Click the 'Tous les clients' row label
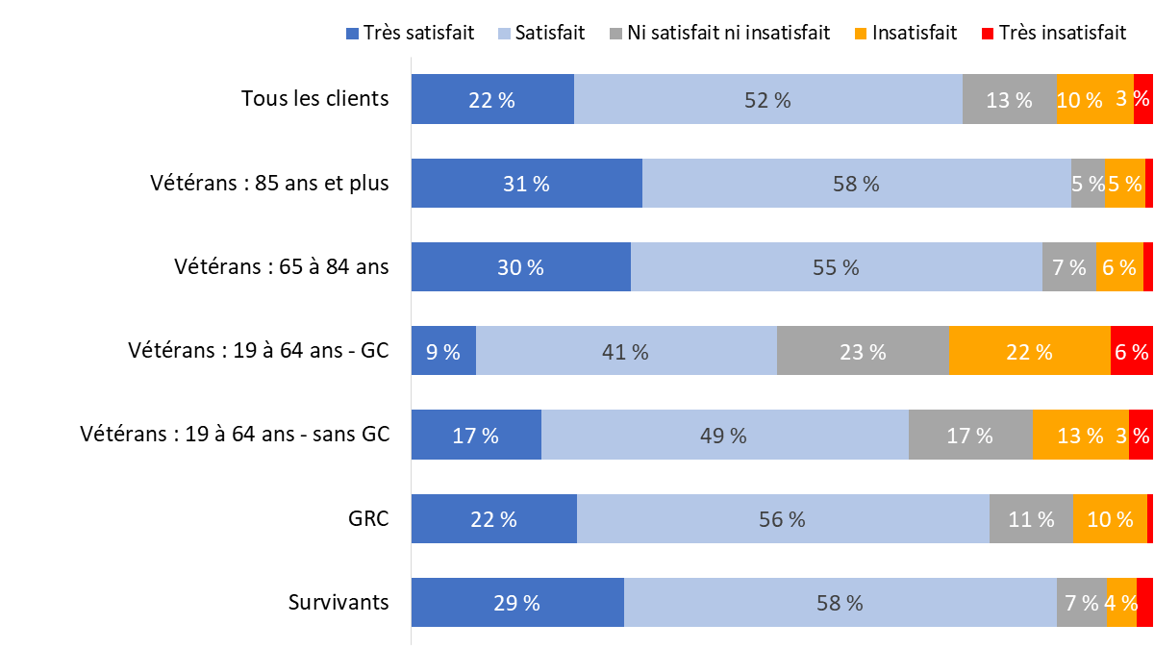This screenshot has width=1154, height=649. coord(315,98)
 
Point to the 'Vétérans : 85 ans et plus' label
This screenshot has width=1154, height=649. coord(269,183)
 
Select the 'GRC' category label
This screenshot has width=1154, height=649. coord(369,518)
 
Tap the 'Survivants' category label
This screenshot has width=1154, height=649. coord(339,602)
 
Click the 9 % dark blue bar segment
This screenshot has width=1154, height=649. coord(443,351)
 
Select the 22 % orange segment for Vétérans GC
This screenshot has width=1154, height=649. coord(1029,351)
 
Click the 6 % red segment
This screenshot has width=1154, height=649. coord(1131,351)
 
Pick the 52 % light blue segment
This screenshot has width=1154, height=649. coord(767,99)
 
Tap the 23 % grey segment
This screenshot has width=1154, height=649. coord(863,351)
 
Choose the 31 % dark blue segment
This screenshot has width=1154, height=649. coord(526,183)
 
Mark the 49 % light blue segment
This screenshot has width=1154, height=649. coord(724,435)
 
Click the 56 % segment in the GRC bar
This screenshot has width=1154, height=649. coord(783,518)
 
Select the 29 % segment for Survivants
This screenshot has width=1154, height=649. coord(517,602)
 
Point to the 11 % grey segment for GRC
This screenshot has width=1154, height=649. coord(1031,518)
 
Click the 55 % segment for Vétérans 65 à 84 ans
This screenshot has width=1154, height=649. coord(836,266)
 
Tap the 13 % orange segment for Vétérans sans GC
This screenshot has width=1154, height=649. coord(1080,435)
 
